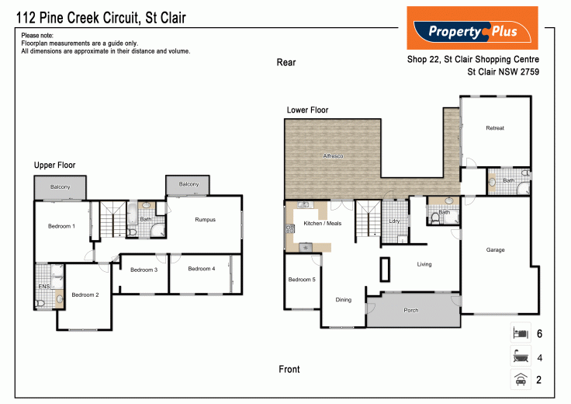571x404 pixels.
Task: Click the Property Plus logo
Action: [x=472, y=29]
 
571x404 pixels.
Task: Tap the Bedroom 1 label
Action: [x=62, y=226]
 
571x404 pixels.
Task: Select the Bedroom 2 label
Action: [x=85, y=294]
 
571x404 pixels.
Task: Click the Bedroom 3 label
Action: [x=144, y=270]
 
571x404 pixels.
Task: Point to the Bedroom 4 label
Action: [x=202, y=269]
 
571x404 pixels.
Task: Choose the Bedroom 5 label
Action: [x=302, y=280]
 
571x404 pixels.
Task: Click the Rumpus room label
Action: [x=205, y=220]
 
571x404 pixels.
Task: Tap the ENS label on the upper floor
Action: [x=43, y=287]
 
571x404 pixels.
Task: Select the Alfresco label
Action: [x=334, y=157]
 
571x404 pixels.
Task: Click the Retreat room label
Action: [x=495, y=128]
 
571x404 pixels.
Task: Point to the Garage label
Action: [x=495, y=250]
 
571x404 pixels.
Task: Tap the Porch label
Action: [x=411, y=311]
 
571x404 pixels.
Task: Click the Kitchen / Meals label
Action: [x=322, y=223]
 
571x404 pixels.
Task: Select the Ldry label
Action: [x=394, y=221]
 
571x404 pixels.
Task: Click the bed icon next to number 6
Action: [x=519, y=333]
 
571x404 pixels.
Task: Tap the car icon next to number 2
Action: [x=519, y=380]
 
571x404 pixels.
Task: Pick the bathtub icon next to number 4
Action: [x=519, y=357]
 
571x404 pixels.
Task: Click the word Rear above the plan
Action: [x=286, y=63]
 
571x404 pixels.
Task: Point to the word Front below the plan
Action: [x=289, y=370]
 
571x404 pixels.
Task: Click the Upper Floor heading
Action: [x=54, y=165]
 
